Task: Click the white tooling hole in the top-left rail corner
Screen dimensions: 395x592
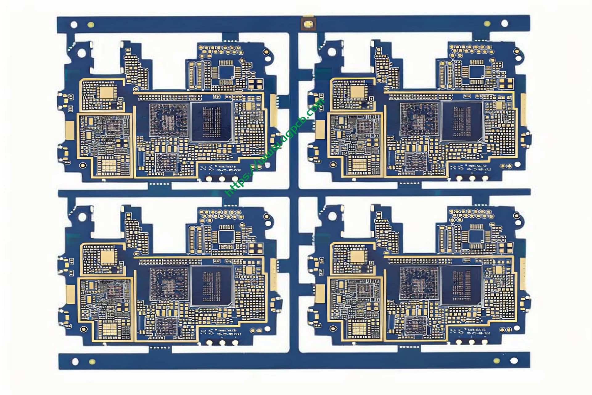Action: point(74,24)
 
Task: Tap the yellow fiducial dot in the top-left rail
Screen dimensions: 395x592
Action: point(91,25)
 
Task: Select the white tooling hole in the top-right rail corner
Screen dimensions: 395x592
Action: point(504,23)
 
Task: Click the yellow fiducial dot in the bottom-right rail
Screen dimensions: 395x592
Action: point(496,361)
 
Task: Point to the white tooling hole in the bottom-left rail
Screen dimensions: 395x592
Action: point(75,361)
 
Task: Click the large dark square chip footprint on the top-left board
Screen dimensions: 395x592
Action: point(212,122)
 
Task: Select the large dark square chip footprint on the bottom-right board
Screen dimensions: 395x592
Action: point(462,286)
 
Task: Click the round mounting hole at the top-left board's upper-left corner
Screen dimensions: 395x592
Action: point(82,53)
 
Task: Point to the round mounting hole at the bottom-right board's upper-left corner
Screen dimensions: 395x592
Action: point(332,216)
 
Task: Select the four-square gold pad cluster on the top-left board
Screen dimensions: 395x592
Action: point(256,83)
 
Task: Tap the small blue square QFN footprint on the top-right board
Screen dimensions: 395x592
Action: point(477,72)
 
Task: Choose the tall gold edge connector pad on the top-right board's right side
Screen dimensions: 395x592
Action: point(524,110)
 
